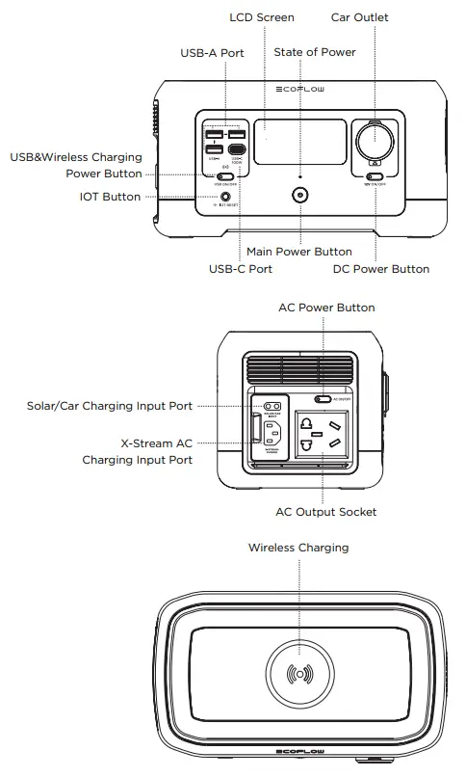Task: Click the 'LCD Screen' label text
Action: (x=262, y=17)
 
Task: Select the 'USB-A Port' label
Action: (x=212, y=52)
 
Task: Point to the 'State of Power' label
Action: (x=315, y=52)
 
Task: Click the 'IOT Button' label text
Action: (x=110, y=197)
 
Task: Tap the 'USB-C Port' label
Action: (x=241, y=269)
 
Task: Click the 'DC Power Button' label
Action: (x=381, y=269)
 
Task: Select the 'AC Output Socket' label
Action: (x=326, y=512)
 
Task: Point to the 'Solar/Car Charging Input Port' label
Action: (x=110, y=406)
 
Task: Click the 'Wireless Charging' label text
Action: (x=298, y=548)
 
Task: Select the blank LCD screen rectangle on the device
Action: (x=302, y=141)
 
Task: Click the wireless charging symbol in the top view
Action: (x=299, y=671)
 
